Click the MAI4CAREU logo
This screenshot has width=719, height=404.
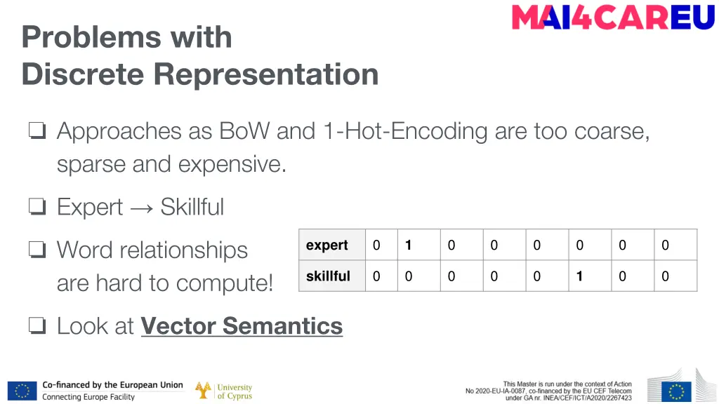coord(613,18)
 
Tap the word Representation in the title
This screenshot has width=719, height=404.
coord(266,74)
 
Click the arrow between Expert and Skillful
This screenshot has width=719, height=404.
coord(141,208)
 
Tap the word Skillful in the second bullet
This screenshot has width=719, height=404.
coord(192,208)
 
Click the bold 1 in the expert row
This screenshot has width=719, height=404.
coord(408,245)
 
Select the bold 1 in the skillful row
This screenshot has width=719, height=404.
coord(579,276)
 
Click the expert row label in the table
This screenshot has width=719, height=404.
coord(326,245)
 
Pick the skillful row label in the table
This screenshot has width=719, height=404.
coord(328,276)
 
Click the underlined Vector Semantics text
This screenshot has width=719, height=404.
coord(242,326)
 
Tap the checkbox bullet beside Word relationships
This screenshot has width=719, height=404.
coord(37,250)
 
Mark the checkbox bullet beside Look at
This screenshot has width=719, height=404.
coord(37,326)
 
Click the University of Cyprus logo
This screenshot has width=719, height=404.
coord(223,391)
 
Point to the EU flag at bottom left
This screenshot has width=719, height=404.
coord(22,391)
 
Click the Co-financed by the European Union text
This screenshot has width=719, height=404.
coord(112,385)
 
